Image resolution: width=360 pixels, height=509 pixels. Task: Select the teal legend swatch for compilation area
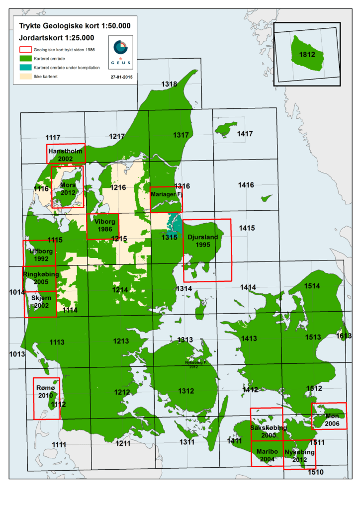(25, 67)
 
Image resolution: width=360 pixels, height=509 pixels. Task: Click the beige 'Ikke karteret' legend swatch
(25, 76)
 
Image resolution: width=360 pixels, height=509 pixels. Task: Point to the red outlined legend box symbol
(25, 49)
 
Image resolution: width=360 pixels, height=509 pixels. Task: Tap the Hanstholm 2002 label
(66, 154)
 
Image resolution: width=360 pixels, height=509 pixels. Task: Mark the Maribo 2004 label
(267, 455)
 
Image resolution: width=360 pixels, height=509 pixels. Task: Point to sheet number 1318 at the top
(169, 85)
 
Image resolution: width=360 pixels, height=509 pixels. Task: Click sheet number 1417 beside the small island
(245, 134)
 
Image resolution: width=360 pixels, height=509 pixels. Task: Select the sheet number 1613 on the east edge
(344, 336)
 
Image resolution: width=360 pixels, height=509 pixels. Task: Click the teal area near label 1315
(174, 224)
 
